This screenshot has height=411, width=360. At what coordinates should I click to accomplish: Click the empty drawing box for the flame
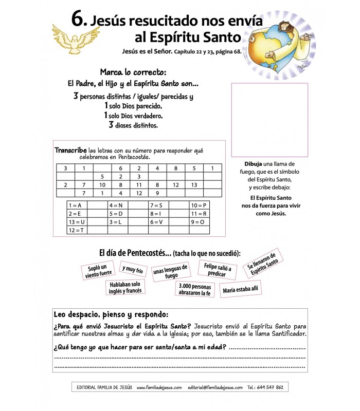269,120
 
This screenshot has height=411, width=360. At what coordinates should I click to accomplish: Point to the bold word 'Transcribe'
70,151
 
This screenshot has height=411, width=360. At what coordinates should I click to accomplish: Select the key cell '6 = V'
157,221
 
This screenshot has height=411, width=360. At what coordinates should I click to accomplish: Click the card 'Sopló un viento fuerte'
97,271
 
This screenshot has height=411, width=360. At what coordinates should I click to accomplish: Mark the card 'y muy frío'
132,269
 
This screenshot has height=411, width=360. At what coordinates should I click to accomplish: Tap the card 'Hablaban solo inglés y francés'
125,288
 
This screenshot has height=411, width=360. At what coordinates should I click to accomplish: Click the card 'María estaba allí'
241,289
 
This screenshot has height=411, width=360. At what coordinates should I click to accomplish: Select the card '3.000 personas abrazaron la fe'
195,290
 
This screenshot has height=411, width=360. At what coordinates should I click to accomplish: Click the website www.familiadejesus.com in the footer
159,387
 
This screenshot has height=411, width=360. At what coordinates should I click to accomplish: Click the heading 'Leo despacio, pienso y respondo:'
111,314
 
